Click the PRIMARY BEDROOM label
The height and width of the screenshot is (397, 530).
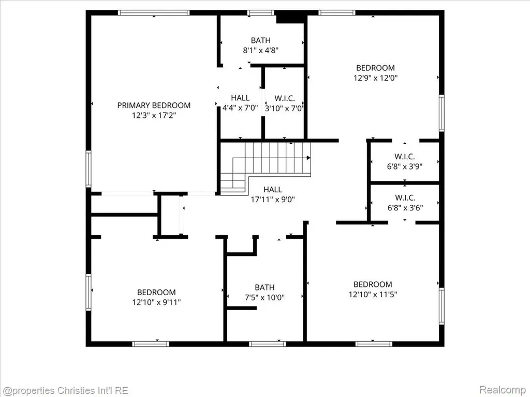tap(154, 105)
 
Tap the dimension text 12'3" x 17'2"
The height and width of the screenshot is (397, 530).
tap(154, 115)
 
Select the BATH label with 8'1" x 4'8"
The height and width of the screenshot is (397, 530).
tap(261, 40)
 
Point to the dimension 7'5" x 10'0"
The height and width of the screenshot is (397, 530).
tap(264, 297)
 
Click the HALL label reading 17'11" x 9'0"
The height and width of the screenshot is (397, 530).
tap(273, 189)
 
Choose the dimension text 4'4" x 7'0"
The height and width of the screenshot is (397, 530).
tap(240, 109)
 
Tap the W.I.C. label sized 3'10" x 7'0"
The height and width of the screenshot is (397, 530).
tap(285, 99)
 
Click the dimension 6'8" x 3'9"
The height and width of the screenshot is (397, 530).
tap(405, 166)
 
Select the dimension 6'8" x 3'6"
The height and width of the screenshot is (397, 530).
tap(405, 208)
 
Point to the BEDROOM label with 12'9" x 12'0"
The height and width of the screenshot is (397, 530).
tap(375, 68)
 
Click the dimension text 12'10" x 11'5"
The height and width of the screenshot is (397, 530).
tap(373, 294)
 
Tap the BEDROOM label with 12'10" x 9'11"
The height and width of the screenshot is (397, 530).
tap(156, 292)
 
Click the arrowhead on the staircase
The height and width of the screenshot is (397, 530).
tap(308, 158)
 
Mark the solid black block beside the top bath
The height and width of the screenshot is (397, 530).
tap(291, 17)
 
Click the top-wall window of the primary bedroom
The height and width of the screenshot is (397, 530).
tap(154, 13)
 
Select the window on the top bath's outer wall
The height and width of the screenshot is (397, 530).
tap(260, 13)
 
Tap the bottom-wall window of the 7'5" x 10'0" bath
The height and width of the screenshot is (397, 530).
tap(268, 344)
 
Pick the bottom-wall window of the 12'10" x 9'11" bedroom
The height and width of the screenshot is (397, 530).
tap(151, 344)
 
